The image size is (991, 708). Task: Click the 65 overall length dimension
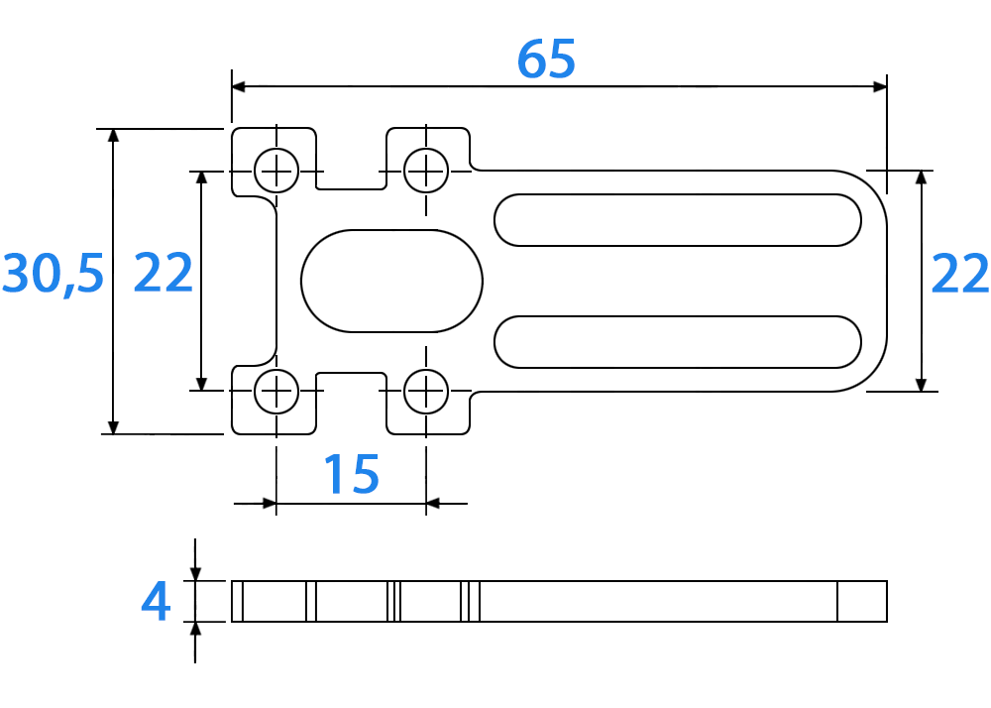point(546,59)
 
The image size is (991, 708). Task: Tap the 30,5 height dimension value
point(54,273)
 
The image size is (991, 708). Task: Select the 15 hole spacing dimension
point(352,474)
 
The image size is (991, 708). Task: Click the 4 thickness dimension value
point(156,601)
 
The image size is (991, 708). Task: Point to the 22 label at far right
point(960,274)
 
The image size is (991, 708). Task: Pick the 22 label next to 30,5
point(164,273)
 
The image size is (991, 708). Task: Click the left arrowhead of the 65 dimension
point(239,86)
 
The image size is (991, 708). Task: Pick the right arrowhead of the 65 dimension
point(880,86)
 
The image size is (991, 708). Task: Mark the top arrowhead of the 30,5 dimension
point(113,136)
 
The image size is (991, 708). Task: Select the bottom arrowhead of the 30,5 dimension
point(113,426)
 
